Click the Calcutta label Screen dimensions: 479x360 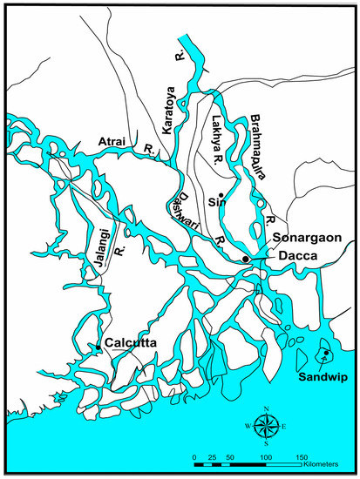coord(131,343)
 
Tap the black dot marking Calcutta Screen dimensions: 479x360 coord(98,347)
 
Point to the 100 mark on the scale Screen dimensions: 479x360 coord(266,456)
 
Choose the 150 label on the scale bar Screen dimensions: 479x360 coord(302,456)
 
